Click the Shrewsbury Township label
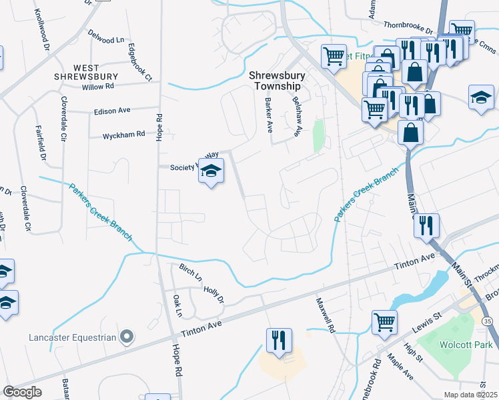277,81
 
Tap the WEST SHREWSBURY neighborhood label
86,72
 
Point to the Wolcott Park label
466,345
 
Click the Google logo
22,391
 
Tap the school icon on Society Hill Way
211,172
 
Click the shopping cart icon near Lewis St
385,322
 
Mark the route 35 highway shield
489,322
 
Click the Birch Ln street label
190,272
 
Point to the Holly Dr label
213,293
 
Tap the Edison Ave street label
111,110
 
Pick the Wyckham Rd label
123,135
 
